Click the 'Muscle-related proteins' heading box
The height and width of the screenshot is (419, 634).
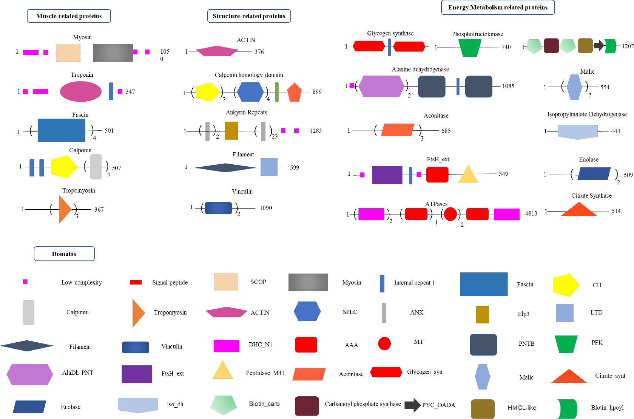point(69,16)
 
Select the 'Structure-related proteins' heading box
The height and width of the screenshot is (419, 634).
point(249,16)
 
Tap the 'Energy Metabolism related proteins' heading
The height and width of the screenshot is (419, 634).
point(498,8)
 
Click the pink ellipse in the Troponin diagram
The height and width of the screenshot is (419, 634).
point(80,92)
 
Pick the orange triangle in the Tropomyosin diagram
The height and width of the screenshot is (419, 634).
point(64,209)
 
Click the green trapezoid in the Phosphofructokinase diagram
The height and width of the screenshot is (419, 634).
point(470,48)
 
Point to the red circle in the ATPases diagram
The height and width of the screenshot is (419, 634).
point(450,214)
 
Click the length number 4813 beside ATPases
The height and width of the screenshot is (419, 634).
point(531,214)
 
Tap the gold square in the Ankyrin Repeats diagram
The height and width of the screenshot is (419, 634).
point(231,131)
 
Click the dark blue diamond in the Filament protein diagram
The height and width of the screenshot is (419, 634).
point(225,168)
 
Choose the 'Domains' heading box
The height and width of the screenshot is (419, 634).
point(64,254)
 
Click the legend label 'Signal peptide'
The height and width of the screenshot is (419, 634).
point(170,283)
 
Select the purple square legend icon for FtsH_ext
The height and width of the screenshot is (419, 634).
point(137,374)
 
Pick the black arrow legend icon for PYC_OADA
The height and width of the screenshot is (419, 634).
point(412,405)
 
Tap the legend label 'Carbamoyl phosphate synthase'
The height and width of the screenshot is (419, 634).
point(363,404)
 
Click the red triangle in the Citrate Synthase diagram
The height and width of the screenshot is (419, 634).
point(578,210)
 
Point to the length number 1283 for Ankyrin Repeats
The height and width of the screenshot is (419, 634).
point(316,131)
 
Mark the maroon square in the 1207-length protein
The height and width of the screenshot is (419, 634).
point(551,46)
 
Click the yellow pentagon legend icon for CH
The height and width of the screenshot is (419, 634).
point(566,285)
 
